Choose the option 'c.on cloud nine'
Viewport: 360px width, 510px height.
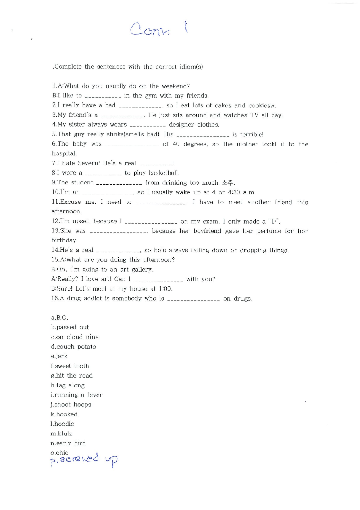click(75, 337)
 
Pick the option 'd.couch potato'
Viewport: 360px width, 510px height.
click(73, 347)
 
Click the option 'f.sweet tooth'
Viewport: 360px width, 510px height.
click(70, 366)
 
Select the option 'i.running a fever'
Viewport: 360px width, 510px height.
click(77, 395)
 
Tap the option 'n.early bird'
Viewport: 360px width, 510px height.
click(68, 443)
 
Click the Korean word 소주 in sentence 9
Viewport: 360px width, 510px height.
click(227, 183)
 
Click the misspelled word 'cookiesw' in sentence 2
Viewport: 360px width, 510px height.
click(262, 105)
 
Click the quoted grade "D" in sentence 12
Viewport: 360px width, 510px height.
click(274, 221)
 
